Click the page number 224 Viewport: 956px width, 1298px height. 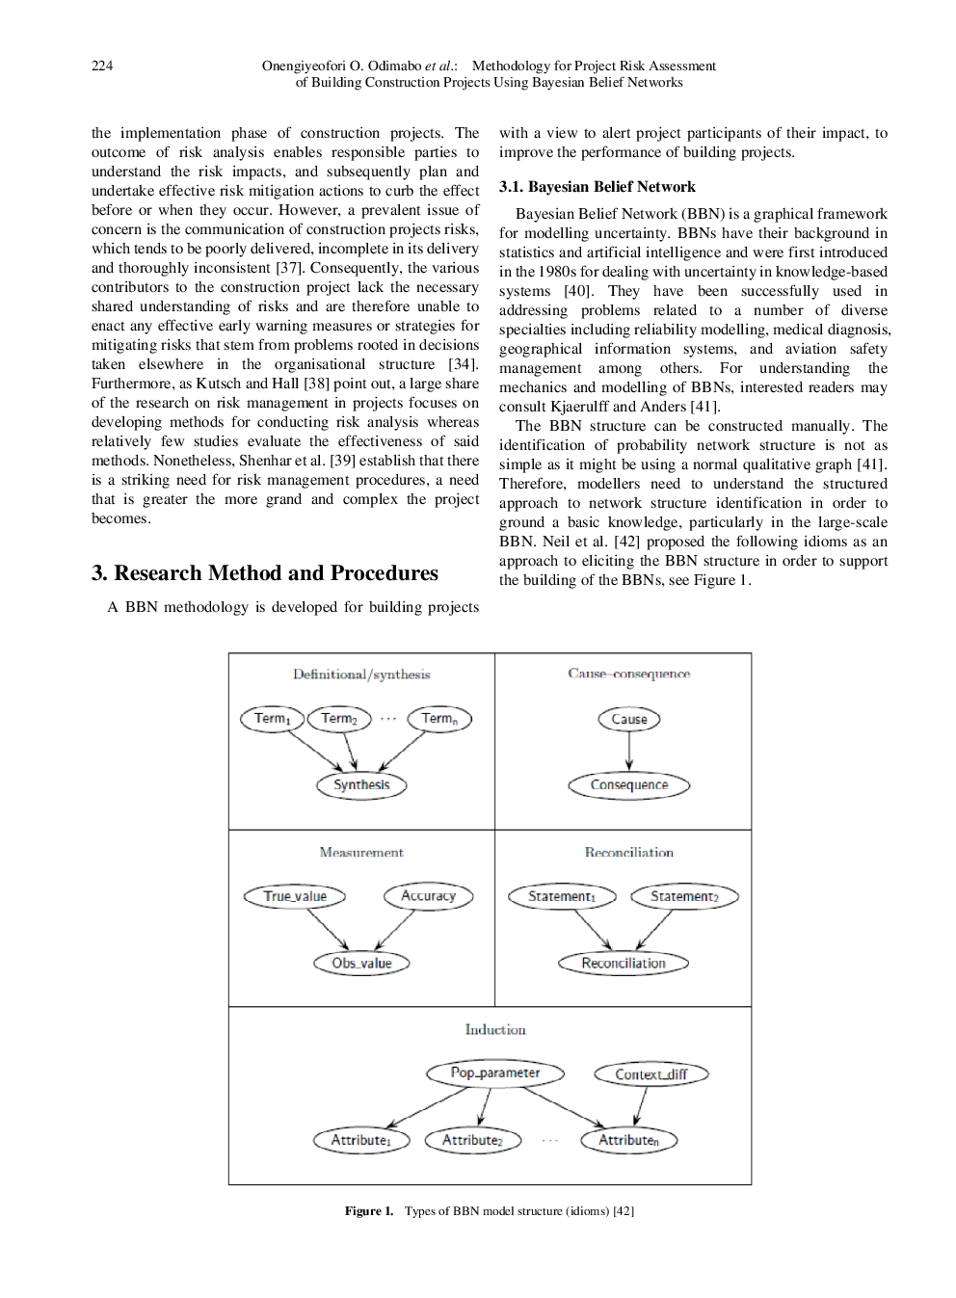[x=102, y=66]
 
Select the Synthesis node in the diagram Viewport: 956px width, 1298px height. [x=361, y=785]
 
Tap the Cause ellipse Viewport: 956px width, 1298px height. [x=629, y=719]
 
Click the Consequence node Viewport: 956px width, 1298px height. [x=629, y=785]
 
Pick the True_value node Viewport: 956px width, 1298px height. [x=295, y=896]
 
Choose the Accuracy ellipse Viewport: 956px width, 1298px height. [x=428, y=896]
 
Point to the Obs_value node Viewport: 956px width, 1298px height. [x=361, y=963]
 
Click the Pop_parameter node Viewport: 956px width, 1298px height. [x=495, y=1073]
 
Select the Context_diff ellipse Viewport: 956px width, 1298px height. [x=651, y=1074]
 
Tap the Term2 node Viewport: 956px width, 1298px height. [x=339, y=719]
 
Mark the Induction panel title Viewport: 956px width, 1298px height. [x=495, y=1030]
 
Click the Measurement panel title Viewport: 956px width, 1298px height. [x=361, y=853]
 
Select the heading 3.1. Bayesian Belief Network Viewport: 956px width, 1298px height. [x=597, y=187]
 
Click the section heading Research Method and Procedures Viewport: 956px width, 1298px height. [x=265, y=573]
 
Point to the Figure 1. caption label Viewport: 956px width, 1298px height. [x=369, y=1211]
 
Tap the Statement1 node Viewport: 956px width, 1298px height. [x=562, y=896]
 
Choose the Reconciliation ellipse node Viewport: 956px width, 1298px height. [x=624, y=963]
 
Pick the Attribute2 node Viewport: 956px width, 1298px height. [x=472, y=1141]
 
